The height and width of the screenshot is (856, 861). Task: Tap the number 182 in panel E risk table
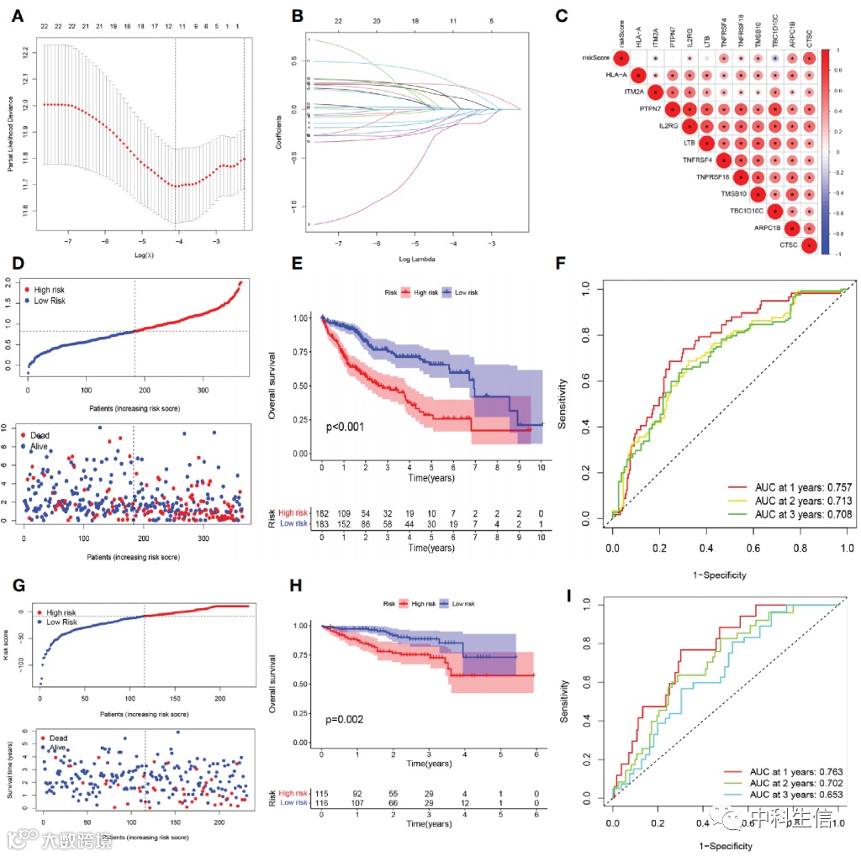pos(322,512)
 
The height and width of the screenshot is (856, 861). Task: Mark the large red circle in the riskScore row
pos(621,58)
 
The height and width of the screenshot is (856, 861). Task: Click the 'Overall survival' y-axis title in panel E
pos(272,386)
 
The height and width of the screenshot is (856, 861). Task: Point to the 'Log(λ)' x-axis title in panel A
pos(141,255)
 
